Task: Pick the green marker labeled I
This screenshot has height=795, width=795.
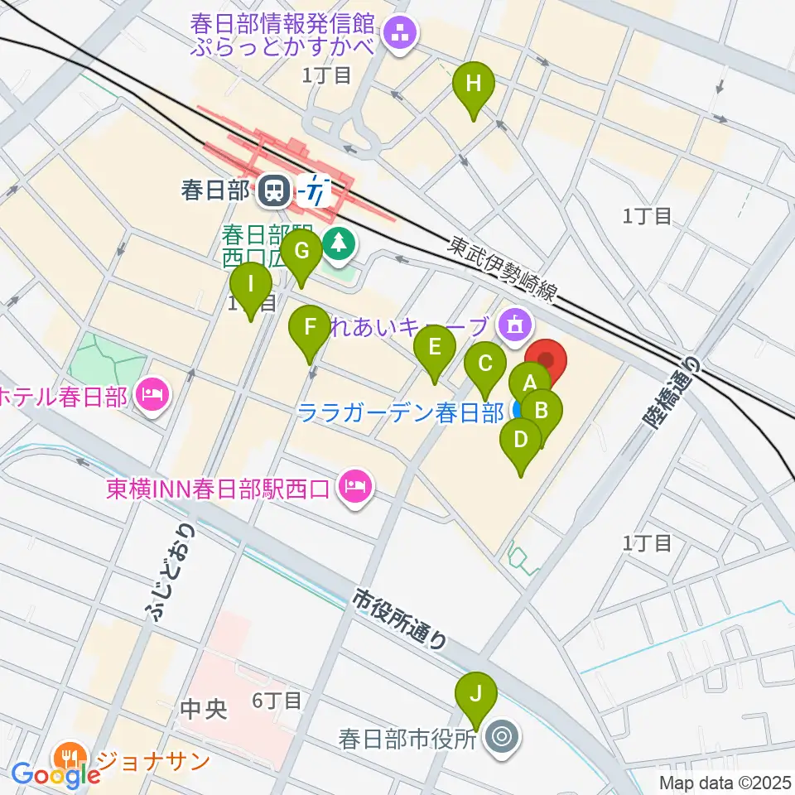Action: [251, 286]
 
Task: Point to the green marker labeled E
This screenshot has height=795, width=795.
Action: [434, 348]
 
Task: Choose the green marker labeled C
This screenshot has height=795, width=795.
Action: [485, 364]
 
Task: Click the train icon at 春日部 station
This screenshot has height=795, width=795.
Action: [271, 192]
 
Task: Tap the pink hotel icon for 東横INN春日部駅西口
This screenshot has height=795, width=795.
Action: [354, 486]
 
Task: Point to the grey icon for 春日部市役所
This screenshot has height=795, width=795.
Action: [501, 735]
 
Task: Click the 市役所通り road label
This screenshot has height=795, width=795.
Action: [402, 619]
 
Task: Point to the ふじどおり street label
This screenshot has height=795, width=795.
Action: [171, 571]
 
